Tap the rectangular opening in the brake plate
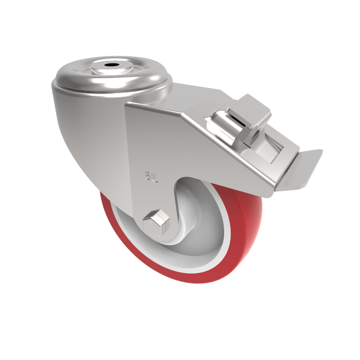pos(274,148)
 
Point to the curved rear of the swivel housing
pos(76,135)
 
